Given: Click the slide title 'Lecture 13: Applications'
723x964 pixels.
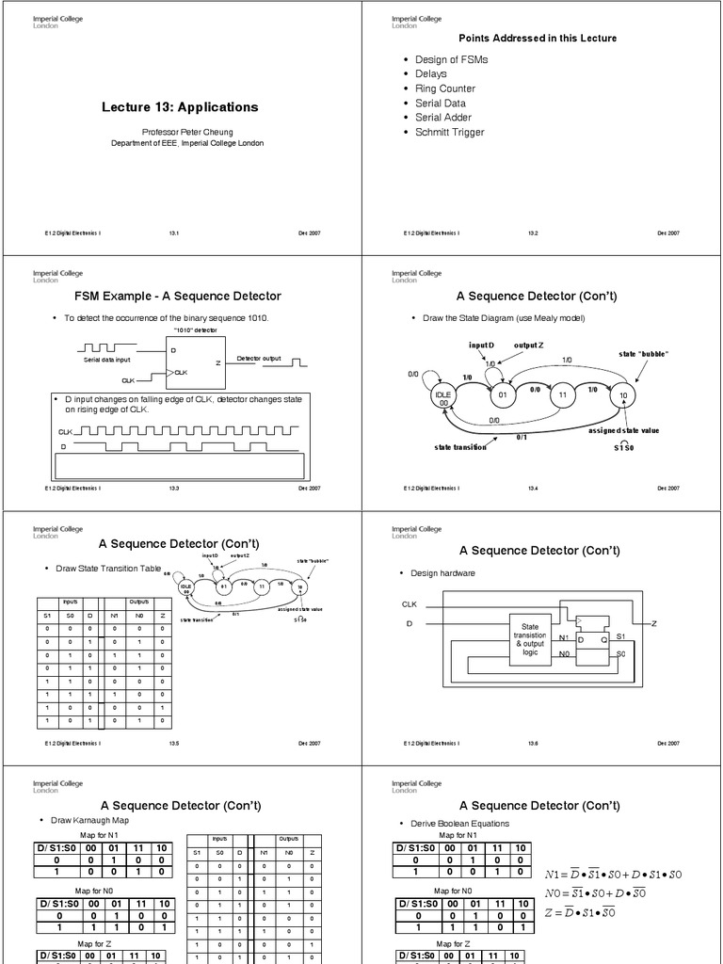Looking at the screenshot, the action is point(180,107).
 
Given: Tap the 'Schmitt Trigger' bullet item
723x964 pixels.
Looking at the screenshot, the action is point(450,133).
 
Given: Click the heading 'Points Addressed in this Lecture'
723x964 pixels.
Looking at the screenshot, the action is point(538,39).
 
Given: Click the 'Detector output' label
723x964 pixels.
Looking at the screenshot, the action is point(260,359).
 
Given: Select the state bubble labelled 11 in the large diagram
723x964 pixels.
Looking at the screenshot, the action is point(562,395).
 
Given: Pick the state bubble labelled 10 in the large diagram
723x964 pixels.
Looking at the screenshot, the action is point(623,395).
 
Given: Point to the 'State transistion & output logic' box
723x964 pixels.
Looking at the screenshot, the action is point(530,637).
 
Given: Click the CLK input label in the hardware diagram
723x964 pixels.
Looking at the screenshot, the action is point(410,604).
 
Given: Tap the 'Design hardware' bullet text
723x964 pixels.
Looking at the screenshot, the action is point(442,573).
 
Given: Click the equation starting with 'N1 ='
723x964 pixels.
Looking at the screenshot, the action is point(613,876).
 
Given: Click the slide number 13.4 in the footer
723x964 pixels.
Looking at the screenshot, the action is point(532,489).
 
